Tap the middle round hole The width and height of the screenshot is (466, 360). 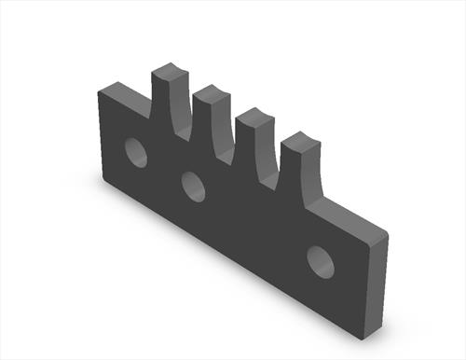193,187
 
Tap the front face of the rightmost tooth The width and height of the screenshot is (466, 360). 296,177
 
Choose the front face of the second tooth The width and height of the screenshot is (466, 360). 206,126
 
